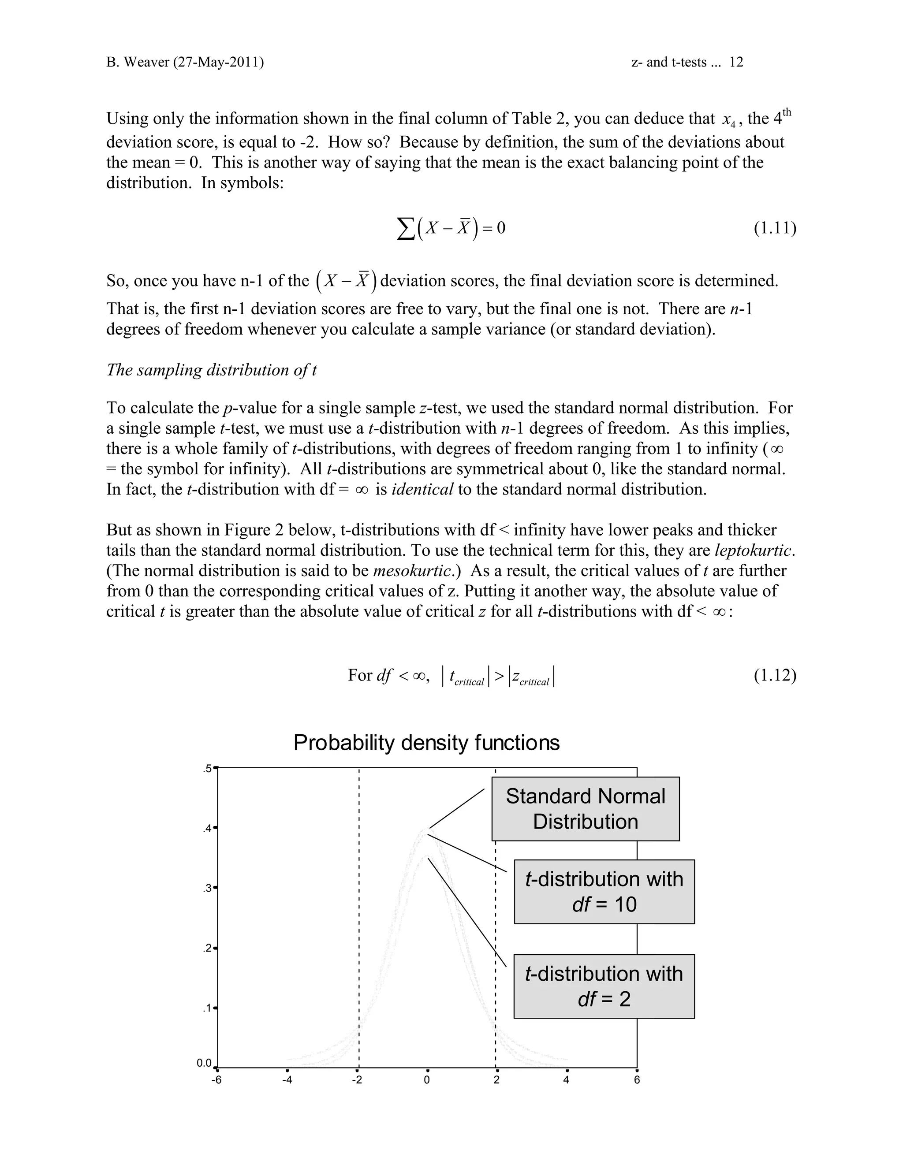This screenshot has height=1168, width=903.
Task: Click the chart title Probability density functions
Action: coord(426,743)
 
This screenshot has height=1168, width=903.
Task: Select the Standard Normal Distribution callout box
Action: coord(585,809)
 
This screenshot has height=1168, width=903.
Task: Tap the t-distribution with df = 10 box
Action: coord(604,892)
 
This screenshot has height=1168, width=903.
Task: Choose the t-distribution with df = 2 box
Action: coord(604,986)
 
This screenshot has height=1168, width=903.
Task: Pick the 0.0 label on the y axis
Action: coord(204,1063)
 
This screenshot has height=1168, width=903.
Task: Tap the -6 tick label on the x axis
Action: coord(216,1080)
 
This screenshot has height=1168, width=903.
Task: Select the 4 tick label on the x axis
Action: coord(567,1080)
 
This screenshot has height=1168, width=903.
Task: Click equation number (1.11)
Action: coord(775,228)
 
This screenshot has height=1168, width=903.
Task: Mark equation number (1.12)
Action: coord(775,675)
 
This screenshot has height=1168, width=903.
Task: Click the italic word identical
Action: coord(422,489)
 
